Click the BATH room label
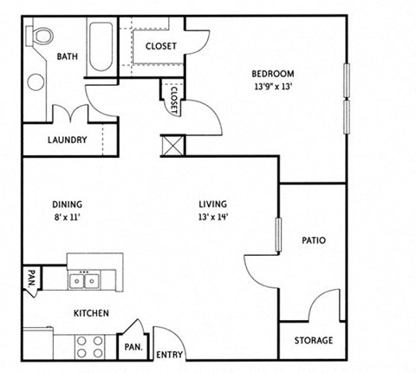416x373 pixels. (67, 57)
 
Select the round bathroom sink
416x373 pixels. (36, 82)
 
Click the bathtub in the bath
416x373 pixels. (101, 49)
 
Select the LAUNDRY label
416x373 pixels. (67, 140)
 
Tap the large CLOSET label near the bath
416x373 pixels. (160, 46)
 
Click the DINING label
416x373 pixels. (66, 205)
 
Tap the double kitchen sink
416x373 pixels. (84, 280)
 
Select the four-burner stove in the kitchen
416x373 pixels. (89, 346)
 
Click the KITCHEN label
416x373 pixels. (90, 313)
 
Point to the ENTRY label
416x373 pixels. (170, 355)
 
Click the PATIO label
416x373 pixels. (313, 240)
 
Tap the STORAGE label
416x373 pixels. (313, 341)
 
